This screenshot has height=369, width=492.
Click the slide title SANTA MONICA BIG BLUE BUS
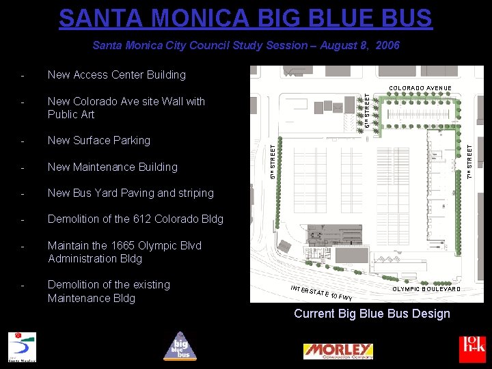[x=245, y=18]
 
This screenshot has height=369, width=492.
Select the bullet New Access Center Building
[x=116, y=74]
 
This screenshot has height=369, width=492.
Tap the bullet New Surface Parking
[x=98, y=140]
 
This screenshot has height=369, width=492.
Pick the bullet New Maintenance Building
[x=112, y=167]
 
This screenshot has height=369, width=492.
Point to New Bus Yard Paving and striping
[x=131, y=193]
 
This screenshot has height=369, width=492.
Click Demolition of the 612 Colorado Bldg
[x=135, y=219]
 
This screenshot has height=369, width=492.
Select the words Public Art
[x=71, y=114]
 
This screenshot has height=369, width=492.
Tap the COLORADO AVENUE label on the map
[x=420, y=88]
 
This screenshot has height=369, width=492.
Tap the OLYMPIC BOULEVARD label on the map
[x=426, y=289]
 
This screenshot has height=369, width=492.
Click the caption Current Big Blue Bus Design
[x=372, y=314]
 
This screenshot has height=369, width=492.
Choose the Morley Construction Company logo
[x=338, y=351]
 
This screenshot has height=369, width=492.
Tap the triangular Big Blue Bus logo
[x=179, y=346]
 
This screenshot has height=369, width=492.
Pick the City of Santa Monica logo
[x=22, y=346]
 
